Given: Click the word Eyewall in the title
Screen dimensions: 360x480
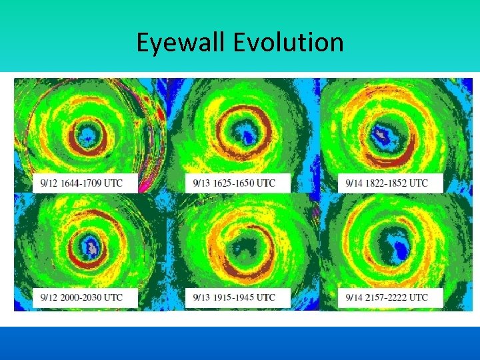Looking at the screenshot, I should point(181,43).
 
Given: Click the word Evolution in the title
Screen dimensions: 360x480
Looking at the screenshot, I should point(289,43).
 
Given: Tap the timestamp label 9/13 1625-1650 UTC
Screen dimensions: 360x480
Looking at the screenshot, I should point(234,183).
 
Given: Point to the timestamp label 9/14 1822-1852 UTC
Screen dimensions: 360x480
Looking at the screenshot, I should point(387,183).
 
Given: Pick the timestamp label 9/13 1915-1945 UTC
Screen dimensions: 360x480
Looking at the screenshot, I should point(234,297).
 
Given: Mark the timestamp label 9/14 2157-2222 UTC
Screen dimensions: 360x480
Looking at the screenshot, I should point(387,297).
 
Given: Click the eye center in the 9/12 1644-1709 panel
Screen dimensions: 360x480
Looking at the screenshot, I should point(87,136).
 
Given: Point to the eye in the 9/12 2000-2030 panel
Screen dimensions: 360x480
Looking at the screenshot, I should point(89,246).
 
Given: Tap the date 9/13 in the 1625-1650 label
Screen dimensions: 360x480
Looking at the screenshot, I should point(201,183).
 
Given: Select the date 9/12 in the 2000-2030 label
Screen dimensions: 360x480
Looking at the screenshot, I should point(48,297).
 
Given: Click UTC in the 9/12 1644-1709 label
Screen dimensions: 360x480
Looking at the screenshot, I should point(113,183).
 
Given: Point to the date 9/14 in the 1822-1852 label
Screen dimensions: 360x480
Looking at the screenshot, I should point(354,183).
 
